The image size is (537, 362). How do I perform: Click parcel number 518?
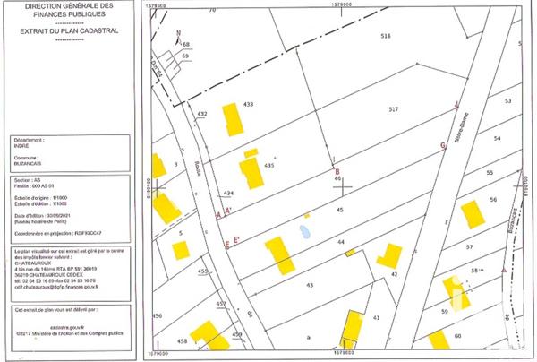click(387, 36)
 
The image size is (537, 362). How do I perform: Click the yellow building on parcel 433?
click(233, 119)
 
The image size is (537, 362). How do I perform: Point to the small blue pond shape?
click(306, 233)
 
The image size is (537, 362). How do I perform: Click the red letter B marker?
click(337, 171)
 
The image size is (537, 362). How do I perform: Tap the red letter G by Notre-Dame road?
click(442, 144)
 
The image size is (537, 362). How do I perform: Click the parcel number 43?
click(310, 284)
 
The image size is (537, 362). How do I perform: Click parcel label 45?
click(339, 209)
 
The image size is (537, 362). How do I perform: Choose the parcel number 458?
click(182, 341)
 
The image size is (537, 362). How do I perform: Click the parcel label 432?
click(202, 114)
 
